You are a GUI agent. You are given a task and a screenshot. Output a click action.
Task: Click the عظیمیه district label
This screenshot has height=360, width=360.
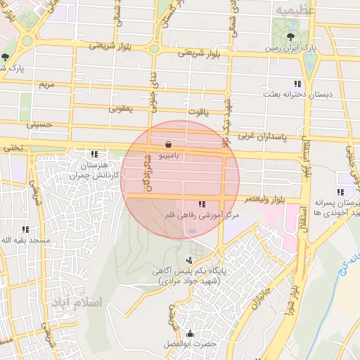click(x=294, y=10)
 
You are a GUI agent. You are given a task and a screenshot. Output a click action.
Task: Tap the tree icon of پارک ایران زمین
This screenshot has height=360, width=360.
click(x=290, y=37)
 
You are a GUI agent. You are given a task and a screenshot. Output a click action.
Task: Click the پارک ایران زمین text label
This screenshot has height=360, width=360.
click(x=290, y=49)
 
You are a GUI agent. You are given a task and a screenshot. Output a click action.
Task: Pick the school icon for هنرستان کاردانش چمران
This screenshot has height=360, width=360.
click(x=94, y=154)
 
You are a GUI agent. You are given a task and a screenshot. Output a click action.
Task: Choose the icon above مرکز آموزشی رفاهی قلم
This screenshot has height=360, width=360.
click(x=202, y=205)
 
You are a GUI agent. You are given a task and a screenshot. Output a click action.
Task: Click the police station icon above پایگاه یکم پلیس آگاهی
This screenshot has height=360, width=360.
click(x=188, y=261)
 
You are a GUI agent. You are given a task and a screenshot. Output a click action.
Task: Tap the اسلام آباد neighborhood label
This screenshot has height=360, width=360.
click(x=77, y=302)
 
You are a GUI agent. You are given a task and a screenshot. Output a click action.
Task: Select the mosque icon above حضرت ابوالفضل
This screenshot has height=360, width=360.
click(x=189, y=333)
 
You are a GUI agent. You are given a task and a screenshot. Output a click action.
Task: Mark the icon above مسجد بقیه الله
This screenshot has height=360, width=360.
click(x=25, y=229)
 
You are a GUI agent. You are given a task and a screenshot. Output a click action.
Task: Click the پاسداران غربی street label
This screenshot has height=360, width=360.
click(x=264, y=133)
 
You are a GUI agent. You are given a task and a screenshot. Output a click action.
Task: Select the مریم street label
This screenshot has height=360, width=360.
click(x=46, y=84)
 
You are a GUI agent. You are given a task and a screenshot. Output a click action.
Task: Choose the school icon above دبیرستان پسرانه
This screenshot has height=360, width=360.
click(x=340, y=192)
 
